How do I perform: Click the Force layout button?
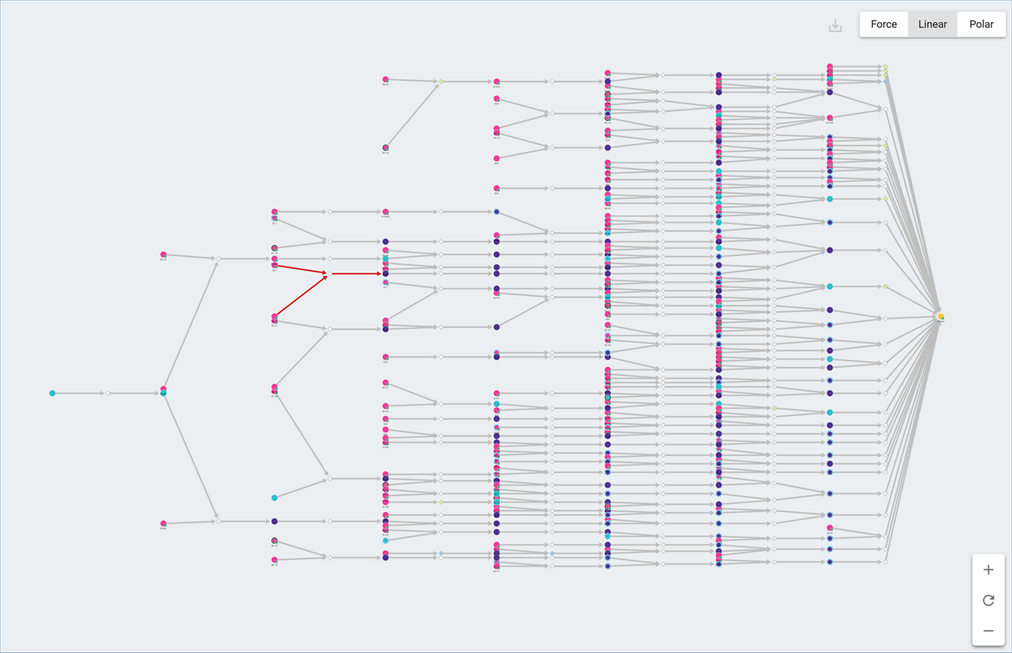point(883,25)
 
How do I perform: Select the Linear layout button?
point(932,25)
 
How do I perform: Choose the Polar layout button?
point(981,25)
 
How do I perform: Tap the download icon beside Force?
point(835,26)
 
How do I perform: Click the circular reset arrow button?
point(988,600)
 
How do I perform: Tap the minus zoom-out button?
point(988,631)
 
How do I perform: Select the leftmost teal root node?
point(52,393)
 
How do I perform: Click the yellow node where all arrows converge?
point(941,317)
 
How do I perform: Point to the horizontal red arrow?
point(356,274)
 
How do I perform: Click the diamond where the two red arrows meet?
point(330,274)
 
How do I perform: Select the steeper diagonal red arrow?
point(302,295)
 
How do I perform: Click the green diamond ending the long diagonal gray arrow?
point(441,81)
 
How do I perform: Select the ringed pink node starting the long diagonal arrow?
point(386,148)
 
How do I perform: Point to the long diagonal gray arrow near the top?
point(413,115)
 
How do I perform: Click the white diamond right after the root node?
point(108,393)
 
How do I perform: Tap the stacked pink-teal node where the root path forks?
point(164,391)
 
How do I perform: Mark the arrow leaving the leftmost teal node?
point(79,393)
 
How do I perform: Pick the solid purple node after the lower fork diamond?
point(274,522)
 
